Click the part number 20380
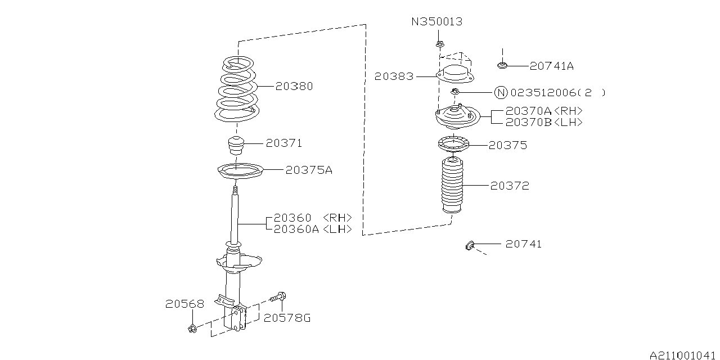[294, 86]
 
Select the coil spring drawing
[236, 89]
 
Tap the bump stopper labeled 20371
[236, 146]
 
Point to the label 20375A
[309, 170]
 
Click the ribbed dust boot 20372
[453, 185]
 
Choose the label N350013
[437, 21]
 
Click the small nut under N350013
[439, 44]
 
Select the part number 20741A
[552, 66]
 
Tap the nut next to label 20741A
[502, 65]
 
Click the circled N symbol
[501, 93]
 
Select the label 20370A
[528, 111]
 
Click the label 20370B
[528, 122]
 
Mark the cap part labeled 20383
[455, 74]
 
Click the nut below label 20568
[192, 328]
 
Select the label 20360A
[296, 229]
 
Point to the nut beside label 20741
[470, 246]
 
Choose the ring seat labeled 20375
[453, 143]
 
